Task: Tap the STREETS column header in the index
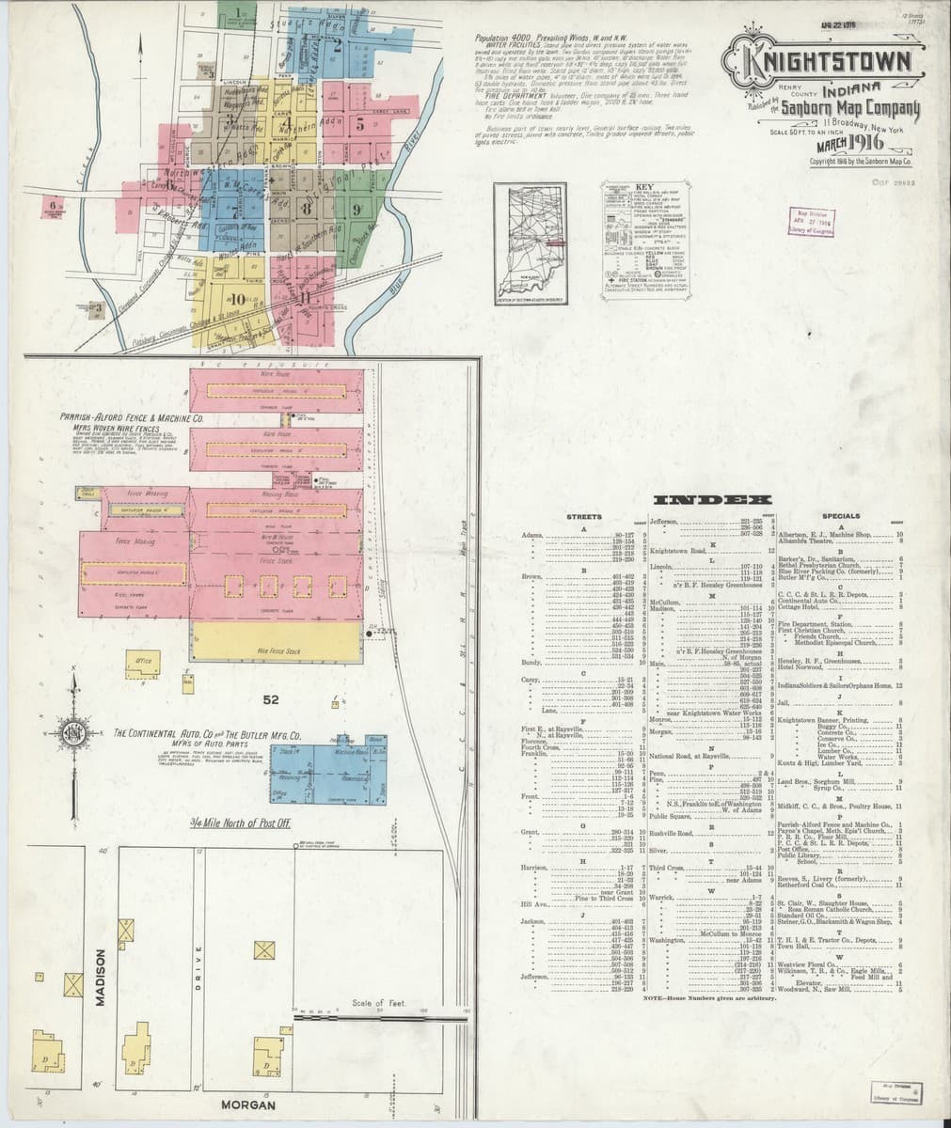tap(584, 517)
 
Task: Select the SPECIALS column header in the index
tap(840, 516)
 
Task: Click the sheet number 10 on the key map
tap(235, 299)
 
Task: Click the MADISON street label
tap(100, 978)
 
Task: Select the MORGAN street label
tap(247, 1105)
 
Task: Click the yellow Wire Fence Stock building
tap(276, 640)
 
